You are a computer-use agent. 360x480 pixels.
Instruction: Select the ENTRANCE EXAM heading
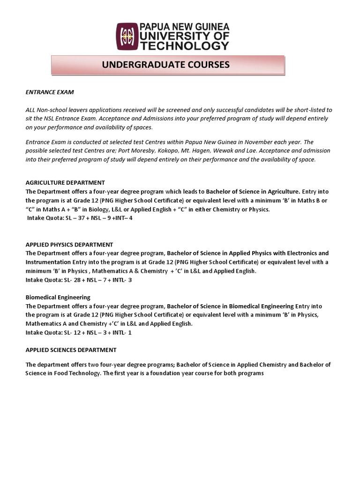(50, 92)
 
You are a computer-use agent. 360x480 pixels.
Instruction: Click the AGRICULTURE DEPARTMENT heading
(65, 182)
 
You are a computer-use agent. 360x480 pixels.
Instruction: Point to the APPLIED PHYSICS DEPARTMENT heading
(69, 245)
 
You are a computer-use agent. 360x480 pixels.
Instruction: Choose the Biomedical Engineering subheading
(58, 297)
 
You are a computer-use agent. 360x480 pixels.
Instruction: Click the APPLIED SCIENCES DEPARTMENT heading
(71, 350)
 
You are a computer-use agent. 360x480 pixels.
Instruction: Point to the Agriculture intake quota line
(80, 218)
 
